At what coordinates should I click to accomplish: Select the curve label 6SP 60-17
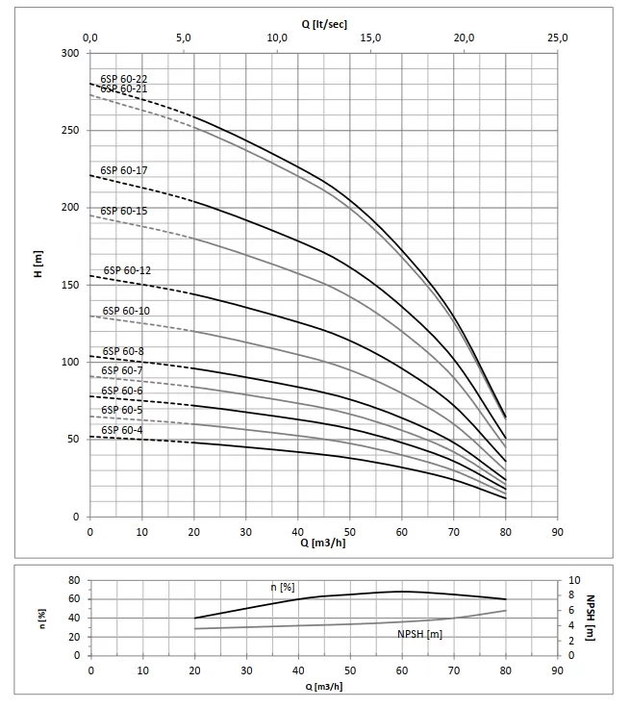click(x=123, y=170)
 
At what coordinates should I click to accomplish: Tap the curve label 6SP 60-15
click(x=123, y=211)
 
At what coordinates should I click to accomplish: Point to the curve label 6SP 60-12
click(x=127, y=270)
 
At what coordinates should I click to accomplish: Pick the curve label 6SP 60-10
click(x=125, y=311)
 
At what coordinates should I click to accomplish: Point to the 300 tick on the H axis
click(x=70, y=53)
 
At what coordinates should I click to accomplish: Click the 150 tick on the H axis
click(x=70, y=285)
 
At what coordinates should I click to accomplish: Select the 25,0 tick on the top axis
click(x=558, y=38)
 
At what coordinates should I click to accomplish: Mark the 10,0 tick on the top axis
click(x=277, y=38)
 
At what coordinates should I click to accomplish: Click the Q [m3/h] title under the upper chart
click(x=323, y=542)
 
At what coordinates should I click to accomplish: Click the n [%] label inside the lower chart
click(x=282, y=586)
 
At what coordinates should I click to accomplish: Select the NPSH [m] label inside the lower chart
click(x=419, y=634)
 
